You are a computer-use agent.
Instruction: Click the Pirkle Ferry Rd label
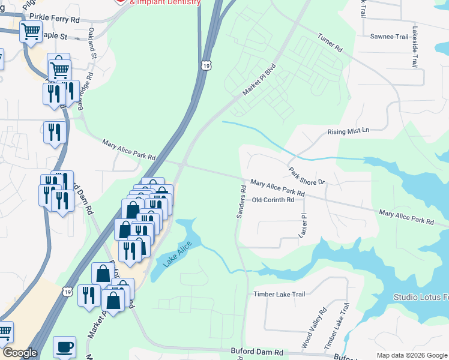[x=58, y=20]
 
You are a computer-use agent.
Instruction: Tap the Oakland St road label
[x=92, y=43]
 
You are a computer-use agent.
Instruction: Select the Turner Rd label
[x=330, y=42]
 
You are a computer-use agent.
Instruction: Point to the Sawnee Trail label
[x=389, y=37]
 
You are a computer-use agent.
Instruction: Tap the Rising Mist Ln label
[x=349, y=131]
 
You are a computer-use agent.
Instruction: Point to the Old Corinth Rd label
[x=273, y=200]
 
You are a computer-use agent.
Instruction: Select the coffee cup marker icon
[x=64, y=347]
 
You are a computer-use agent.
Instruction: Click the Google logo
[x=20, y=353]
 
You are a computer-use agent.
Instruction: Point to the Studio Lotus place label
[x=421, y=297]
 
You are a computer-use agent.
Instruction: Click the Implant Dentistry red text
[x=165, y=2]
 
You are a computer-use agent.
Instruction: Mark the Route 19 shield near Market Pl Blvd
[x=206, y=65]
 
